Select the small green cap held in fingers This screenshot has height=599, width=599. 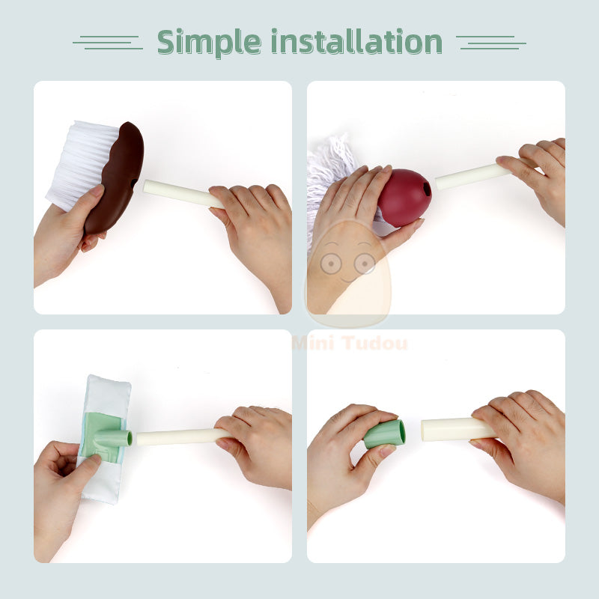coord(385,434)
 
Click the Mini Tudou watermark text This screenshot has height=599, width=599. coord(350,344)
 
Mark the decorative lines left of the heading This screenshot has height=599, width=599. coord(108,42)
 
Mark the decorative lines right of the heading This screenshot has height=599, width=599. coord(490,42)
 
